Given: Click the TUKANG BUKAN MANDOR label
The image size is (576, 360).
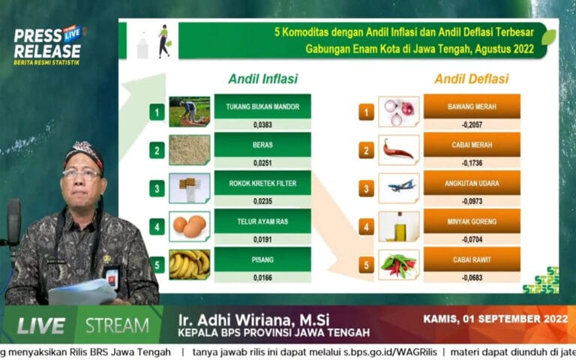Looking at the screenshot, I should pyautogui.click(x=262, y=106).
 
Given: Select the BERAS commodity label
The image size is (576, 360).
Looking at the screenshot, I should pyautogui.click(x=262, y=144).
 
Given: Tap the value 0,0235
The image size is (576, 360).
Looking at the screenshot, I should pyautogui.click(x=262, y=201).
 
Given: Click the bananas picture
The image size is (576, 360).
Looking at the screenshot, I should pyautogui.click(x=189, y=263).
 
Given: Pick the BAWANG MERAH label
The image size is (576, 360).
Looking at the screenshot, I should pyautogui.click(x=471, y=106).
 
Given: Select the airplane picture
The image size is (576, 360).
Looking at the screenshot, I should pyautogui.click(x=399, y=187).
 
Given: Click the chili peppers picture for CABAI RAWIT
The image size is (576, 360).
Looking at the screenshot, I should pyautogui.click(x=399, y=264).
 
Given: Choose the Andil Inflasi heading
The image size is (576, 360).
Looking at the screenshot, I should pyautogui.click(x=262, y=78).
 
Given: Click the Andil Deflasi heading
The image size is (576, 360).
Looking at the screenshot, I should pyautogui.click(x=471, y=78).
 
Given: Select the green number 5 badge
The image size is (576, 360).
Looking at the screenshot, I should pyautogui.click(x=157, y=265).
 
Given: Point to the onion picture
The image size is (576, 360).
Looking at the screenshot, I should pyautogui.click(x=399, y=112).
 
